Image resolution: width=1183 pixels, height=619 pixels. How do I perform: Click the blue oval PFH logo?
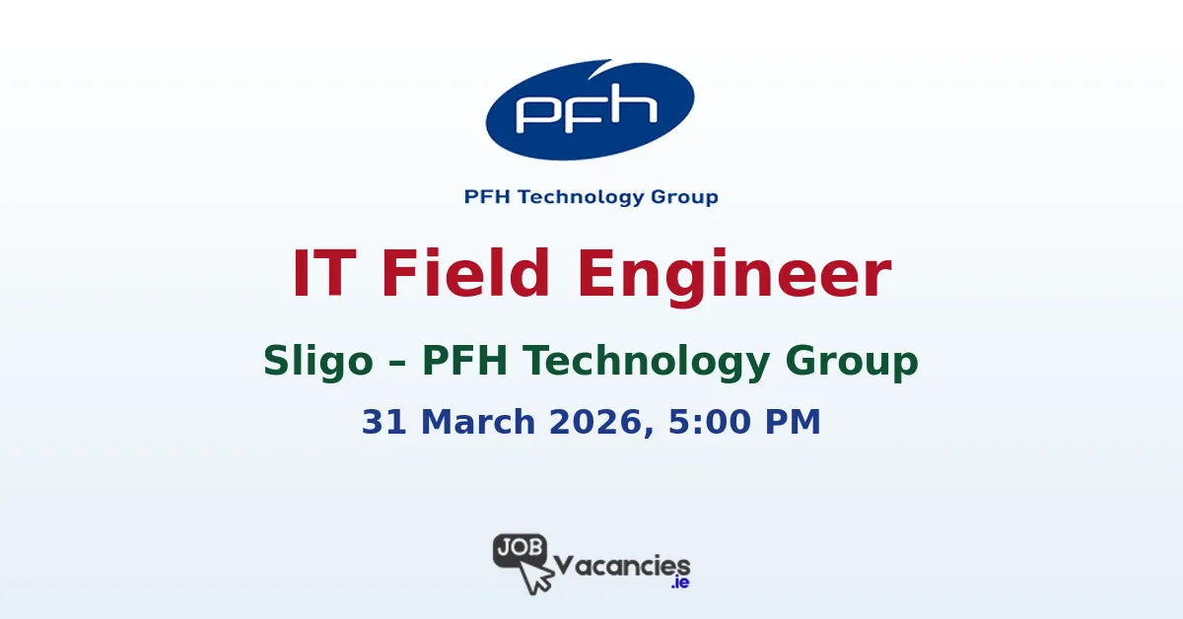click(590, 110)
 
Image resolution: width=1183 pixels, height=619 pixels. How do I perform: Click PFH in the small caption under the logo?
click(487, 197)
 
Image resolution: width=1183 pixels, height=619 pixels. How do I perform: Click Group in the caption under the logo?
click(684, 197)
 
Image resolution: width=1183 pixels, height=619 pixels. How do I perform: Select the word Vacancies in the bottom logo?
click(623, 566)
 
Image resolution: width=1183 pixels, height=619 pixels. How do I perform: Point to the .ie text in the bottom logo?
click(678, 584)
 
